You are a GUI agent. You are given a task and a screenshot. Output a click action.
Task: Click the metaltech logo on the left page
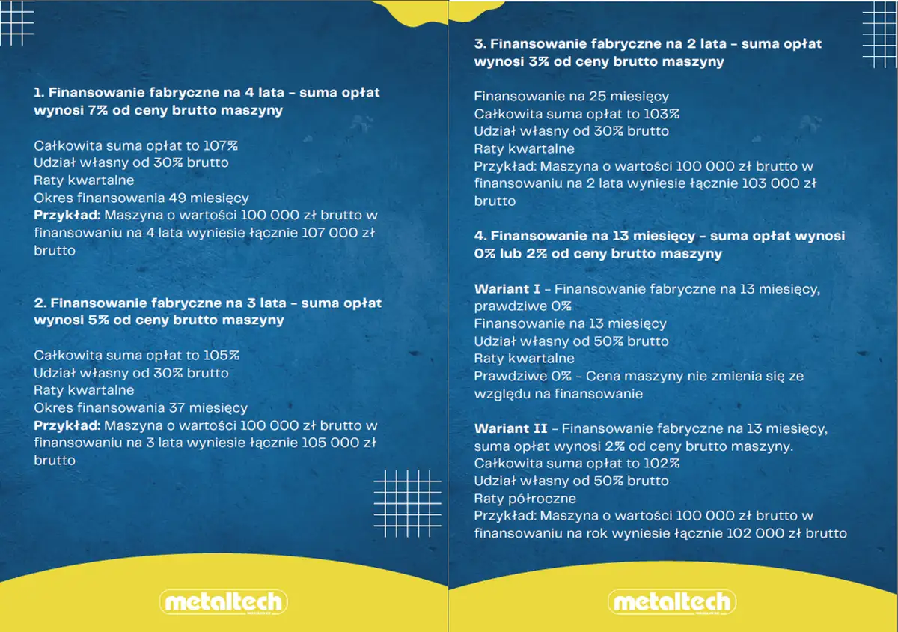point(223,602)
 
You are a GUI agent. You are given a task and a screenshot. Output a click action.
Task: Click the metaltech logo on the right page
point(672,602)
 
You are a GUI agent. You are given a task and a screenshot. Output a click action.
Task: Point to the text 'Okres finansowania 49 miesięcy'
point(141,198)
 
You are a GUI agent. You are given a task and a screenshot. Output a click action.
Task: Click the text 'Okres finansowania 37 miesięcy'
point(141,408)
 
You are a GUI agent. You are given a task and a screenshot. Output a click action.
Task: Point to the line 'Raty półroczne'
point(525,498)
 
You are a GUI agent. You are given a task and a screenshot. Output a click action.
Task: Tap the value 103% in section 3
point(662,114)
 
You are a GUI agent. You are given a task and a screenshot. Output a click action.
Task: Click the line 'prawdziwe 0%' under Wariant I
point(522,306)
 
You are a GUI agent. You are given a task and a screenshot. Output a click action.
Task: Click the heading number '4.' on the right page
point(480,237)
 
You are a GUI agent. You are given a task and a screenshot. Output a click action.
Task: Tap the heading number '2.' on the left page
point(40,303)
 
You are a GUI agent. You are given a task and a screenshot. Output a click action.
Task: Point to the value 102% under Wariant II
point(662,464)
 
